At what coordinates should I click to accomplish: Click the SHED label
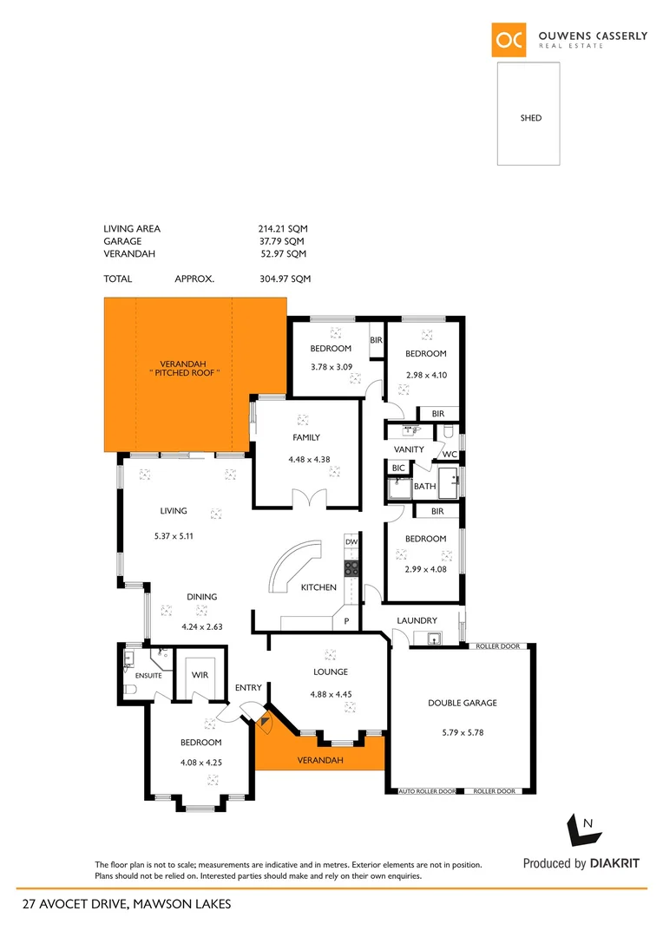[530, 118]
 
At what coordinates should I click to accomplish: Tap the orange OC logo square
[509, 39]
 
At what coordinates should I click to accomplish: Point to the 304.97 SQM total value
[285, 279]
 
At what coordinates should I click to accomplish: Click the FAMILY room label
[306, 438]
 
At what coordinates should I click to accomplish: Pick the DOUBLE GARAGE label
[463, 703]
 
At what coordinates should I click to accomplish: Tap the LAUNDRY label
[417, 620]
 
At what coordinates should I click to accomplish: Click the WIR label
[199, 675]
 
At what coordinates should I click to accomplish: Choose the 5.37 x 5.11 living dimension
[173, 535]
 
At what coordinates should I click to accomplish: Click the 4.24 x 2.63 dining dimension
[201, 626]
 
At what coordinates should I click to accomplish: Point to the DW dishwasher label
[351, 542]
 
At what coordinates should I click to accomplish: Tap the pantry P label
[346, 621]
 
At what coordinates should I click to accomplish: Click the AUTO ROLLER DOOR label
[427, 791]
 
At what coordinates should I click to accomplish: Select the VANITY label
[409, 449]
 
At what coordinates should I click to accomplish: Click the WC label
[450, 454]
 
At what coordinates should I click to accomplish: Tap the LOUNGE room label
[331, 672]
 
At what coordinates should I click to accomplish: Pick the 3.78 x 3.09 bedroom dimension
[331, 366]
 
